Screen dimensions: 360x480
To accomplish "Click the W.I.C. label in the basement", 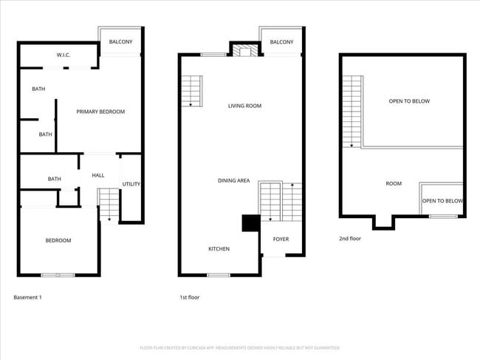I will coord(63,55).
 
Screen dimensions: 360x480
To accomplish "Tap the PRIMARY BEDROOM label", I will coord(101,112).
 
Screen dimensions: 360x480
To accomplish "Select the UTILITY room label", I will coord(131,184).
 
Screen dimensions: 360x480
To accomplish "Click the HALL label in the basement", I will coord(97,175).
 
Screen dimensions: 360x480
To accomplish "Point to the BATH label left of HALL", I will coord(54,179).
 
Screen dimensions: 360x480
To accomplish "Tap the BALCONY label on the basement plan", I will coord(120,42).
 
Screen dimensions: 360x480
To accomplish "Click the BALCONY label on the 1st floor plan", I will coord(281,42).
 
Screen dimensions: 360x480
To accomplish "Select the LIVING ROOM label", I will coord(244,106).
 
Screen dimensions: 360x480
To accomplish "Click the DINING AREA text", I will coord(233,180).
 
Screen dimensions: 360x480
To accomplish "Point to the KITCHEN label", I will coord(219,249).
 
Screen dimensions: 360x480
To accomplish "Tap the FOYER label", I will coord(281,239).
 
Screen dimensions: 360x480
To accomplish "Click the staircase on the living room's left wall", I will coord(191,91).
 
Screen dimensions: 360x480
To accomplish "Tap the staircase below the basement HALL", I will coord(109,203).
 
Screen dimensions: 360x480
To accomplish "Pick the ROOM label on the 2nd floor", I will coord(394,183).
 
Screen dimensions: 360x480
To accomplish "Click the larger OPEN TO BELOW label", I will coord(409,101).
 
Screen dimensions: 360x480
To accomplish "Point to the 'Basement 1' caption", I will coord(28,297).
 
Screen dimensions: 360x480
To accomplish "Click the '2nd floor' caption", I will coord(351,238).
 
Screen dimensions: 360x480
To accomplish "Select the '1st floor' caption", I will coord(190,297).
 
